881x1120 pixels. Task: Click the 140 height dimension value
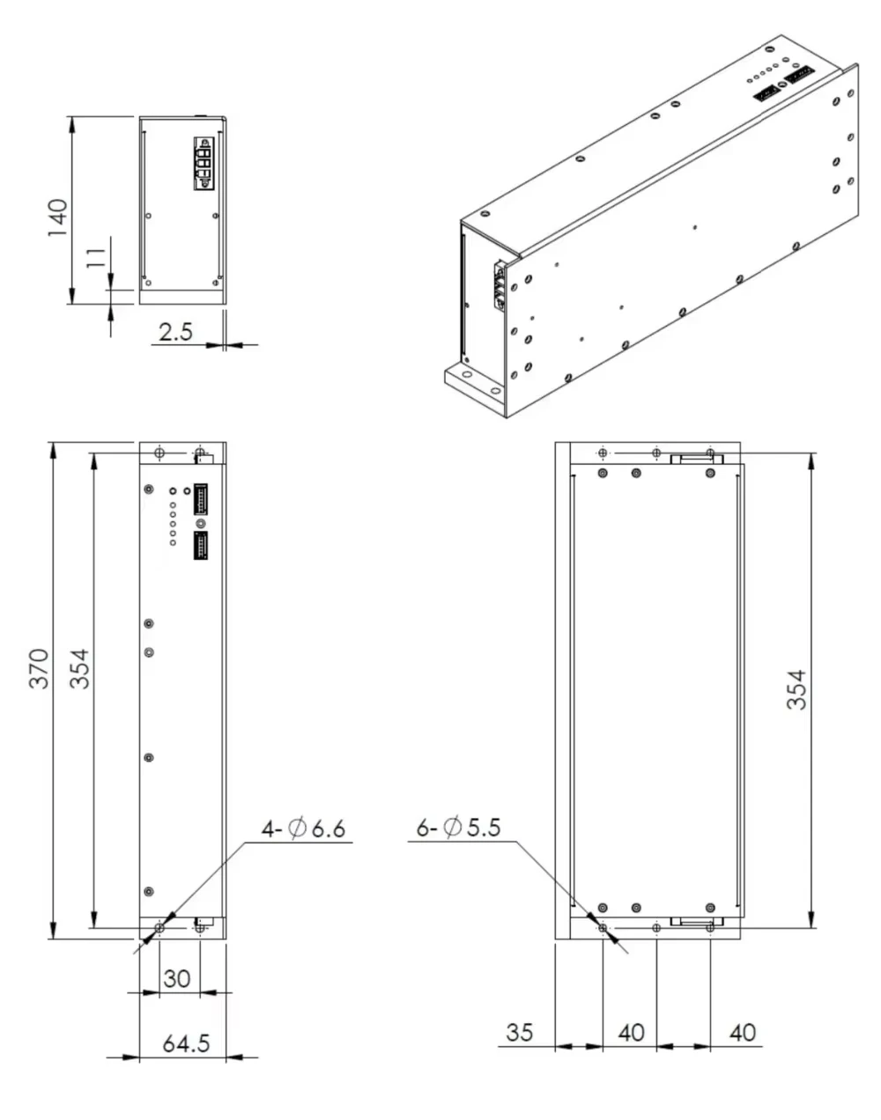click(56, 217)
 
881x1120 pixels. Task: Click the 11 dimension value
click(96, 257)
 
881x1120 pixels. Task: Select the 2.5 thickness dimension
click(174, 332)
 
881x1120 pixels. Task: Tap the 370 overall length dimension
click(40, 669)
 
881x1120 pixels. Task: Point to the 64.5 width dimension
click(186, 1043)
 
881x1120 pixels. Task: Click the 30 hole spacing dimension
click(177, 978)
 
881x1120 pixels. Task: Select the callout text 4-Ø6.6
click(303, 829)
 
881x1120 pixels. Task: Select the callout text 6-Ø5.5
click(458, 828)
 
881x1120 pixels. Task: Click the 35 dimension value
click(520, 1031)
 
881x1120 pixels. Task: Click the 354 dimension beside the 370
click(79, 669)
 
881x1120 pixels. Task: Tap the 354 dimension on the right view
click(796, 690)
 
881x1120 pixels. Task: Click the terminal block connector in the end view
click(203, 163)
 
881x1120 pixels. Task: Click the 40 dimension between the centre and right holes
click(631, 1031)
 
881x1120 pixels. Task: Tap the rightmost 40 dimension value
click(743, 1031)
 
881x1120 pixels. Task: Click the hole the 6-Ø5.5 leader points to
click(603, 927)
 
